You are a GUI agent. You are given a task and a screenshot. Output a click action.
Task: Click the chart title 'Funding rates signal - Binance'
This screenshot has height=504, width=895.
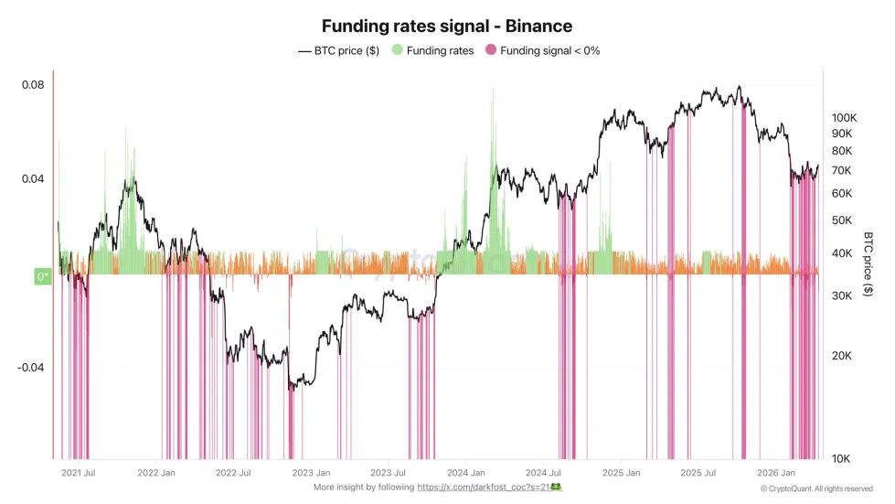coord(446,27)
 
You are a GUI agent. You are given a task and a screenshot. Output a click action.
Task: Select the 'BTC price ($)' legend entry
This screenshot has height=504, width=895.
coord(339,51)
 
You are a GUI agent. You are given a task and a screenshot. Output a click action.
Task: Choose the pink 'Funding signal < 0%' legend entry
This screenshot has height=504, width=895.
coord(541,51)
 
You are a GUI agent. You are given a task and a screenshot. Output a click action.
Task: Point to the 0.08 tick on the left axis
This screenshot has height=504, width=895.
coord(33,85)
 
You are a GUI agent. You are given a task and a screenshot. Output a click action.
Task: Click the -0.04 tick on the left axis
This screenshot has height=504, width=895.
coord(29,368)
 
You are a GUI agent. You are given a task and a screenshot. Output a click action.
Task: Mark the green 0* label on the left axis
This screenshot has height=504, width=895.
coord(42,275)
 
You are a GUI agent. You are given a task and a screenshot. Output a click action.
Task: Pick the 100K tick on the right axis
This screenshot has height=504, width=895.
coord(842,118)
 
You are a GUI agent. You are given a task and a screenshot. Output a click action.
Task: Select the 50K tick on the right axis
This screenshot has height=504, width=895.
coord(840,220)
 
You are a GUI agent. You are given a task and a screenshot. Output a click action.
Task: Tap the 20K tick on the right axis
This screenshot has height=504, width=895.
coord(840,356)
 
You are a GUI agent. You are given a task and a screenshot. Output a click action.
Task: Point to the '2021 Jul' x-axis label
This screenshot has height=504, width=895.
coord(79,473)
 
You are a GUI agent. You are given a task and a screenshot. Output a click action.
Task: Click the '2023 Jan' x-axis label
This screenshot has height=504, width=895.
coord(311,473)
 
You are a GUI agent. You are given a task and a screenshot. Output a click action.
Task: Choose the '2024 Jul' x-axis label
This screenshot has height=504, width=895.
coord(543,473)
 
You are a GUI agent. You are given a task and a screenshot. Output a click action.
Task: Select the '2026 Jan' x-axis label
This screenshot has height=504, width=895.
coord(774,473)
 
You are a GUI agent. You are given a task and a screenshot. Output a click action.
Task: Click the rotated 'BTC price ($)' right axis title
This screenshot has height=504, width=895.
coord(868,263)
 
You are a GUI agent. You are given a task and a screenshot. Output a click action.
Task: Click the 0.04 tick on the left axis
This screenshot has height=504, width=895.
coord(33,179)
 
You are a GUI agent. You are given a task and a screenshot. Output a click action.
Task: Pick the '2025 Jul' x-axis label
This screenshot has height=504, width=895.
coord(698,473)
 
